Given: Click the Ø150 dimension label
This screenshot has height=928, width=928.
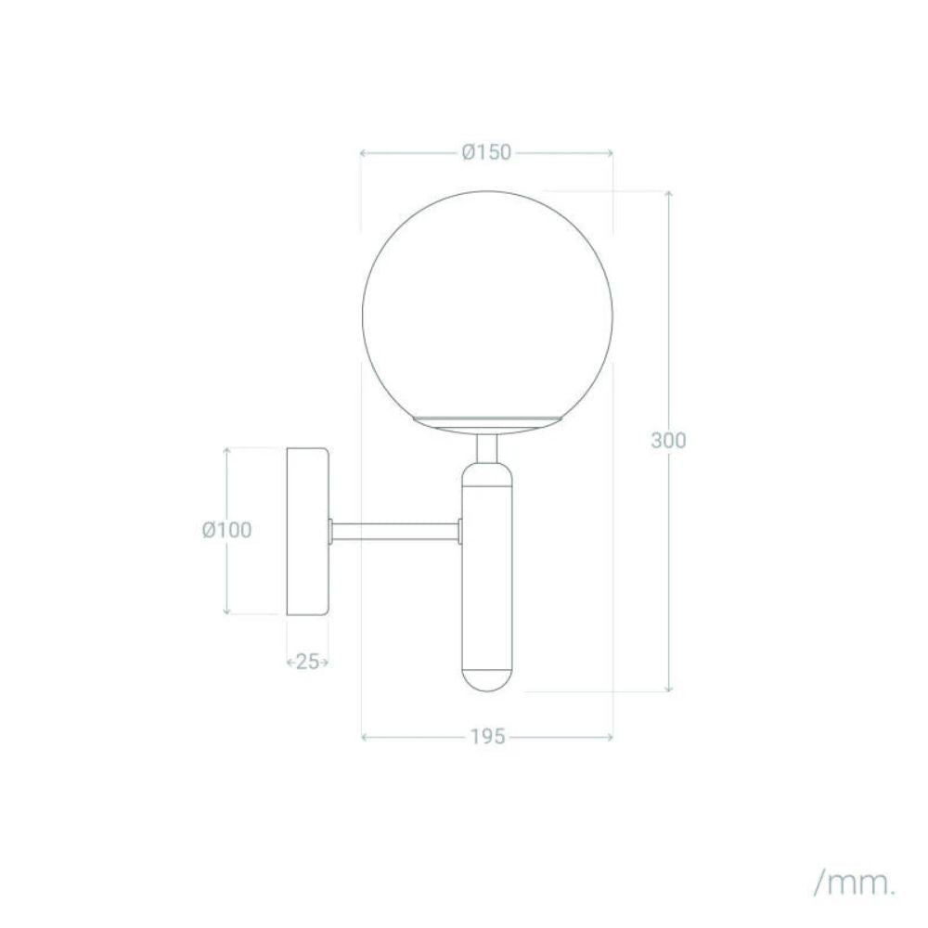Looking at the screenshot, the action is tap(486, 153).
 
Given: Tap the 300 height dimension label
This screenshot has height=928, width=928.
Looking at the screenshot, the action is tap(668, 440).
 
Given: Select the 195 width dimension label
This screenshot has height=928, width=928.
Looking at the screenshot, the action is tap(488, 737).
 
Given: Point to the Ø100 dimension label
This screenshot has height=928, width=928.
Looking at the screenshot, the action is tap(226, 530).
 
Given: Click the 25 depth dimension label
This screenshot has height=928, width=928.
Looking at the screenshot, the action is tap(307, 662).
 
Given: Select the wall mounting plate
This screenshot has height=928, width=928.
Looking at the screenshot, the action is tap(308, 531).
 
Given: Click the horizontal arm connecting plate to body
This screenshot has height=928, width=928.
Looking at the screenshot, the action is tap(395, 532).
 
